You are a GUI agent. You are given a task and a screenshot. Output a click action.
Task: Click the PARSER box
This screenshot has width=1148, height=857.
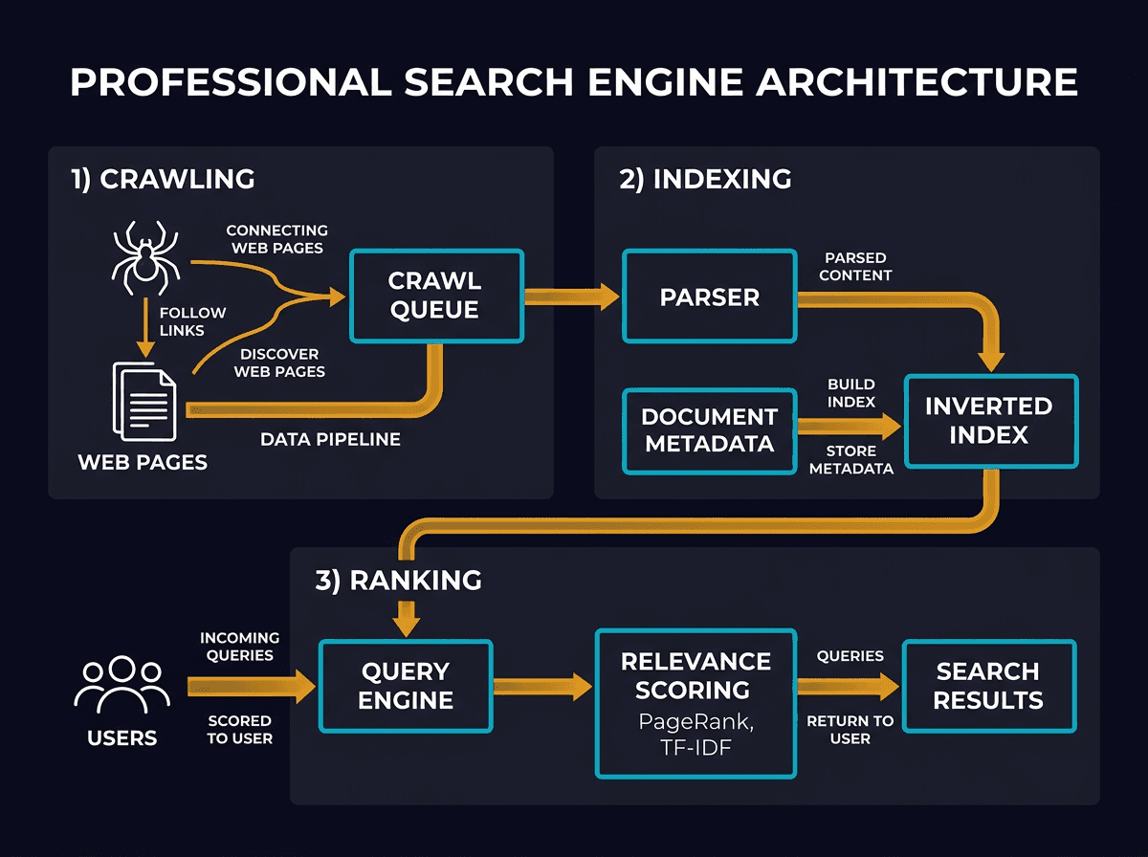tap(709, 297)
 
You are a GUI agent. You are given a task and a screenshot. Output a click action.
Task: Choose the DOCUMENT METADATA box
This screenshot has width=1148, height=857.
tap(709, 430)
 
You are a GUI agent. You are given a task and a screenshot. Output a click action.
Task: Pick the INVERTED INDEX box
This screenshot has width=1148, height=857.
tap(989, 420)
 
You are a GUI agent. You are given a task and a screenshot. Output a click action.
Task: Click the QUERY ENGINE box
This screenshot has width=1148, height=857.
tap(405, 686)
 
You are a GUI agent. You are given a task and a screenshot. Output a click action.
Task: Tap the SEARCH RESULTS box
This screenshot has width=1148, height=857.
tap(988, 686)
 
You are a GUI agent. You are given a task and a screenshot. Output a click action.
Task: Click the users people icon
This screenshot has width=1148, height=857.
tap(121, 684)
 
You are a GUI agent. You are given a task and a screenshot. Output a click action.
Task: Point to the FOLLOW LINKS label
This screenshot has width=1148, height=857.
tap(193, 321)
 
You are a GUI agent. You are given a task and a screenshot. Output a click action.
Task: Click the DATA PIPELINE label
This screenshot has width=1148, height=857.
tap(330, 440)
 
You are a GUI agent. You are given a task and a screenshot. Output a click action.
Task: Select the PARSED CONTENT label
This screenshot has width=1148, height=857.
tap(855, 266)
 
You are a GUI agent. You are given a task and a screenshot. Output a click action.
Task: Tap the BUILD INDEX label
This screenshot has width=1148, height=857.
tap(851, 393)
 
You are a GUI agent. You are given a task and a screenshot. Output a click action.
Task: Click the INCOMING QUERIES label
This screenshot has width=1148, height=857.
tap(239, 646)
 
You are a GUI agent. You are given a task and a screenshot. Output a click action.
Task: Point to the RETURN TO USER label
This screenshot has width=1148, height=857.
tap(850, 730)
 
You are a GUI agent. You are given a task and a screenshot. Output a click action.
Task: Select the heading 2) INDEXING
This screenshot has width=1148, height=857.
tap(705, 179)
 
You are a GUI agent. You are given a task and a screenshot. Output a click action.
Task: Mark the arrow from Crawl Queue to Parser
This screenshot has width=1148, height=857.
tap(572, 296)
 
